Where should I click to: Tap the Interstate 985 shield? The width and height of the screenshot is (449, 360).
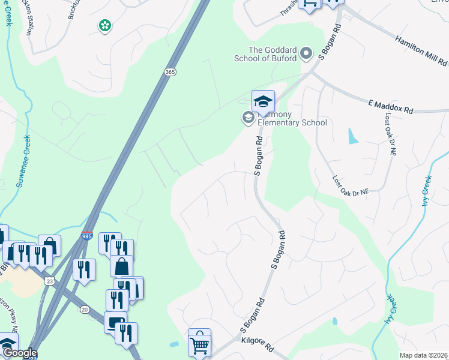coord(87,236)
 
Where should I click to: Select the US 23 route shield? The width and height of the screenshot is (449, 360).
coord(49,281)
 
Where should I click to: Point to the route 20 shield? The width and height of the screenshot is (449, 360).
coord(85,309)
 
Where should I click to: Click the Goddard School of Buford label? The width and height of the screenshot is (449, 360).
coord(272,54)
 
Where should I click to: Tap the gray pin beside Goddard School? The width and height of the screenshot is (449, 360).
coord(307,53)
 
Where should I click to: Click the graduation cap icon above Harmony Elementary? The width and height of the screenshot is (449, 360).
coord(263,101)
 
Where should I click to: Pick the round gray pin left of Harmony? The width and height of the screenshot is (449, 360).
coord(247,117)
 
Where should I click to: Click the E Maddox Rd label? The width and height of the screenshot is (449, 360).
coord(391,107)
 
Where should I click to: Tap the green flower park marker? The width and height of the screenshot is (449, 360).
coord(105,25)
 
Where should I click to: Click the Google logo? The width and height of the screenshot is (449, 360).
coord(19,353)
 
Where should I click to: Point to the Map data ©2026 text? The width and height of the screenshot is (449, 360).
coord(423,355)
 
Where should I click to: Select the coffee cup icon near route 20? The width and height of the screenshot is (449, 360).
coord(115,323)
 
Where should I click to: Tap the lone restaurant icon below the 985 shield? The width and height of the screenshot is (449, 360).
coord(83,270)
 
